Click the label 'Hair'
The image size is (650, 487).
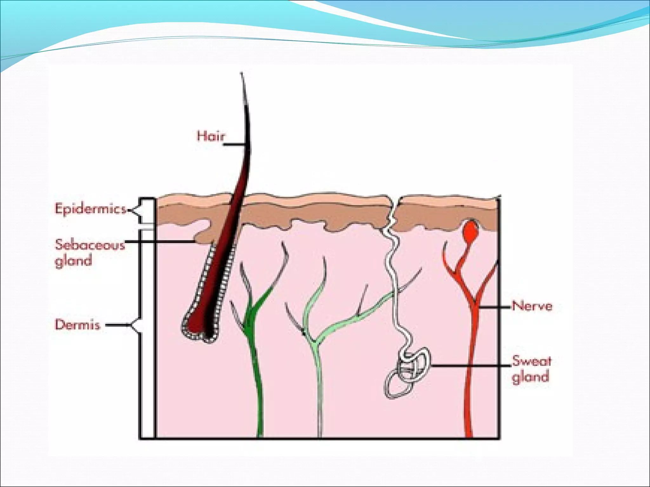coord(210,136)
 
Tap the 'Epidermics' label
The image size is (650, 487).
coord(90,209)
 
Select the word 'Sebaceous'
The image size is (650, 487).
coord(90,245)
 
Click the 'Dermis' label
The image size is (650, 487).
coord(77,325)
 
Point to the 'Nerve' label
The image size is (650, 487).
coord(532,306)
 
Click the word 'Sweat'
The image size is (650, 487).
coord(532,361)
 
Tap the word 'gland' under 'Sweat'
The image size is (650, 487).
coord(530,377)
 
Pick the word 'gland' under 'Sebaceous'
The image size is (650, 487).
coord(74,261)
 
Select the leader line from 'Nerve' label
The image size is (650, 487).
coord(495,307)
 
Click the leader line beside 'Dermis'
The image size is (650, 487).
coord(117,325)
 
